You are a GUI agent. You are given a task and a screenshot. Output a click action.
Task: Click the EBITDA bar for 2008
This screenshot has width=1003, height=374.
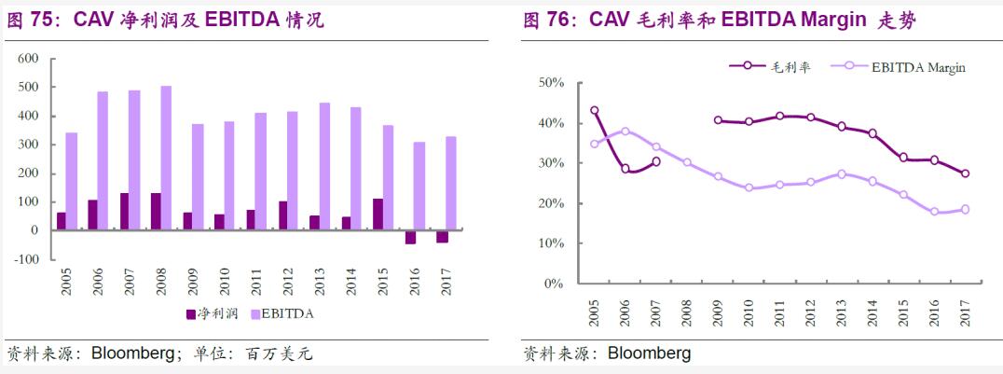(166, 158)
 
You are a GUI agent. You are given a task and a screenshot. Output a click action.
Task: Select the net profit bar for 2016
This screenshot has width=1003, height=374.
(410, 237)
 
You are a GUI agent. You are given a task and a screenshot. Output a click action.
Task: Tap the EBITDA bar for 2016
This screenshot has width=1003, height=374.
(419, 186)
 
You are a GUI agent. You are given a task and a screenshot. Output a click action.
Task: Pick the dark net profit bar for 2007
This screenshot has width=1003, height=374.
(125, 212)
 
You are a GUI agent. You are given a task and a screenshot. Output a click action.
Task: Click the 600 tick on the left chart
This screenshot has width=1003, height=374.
(28, 59)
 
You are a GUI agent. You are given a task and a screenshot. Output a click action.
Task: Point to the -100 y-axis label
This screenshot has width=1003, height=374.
(25, 259)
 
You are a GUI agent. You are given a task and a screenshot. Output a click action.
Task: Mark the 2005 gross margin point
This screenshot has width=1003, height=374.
(595, 110)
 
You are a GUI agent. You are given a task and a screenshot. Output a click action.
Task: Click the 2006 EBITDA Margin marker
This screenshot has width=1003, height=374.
(625, 132)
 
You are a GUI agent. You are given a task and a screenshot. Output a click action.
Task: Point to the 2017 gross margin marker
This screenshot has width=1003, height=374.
(965, 173)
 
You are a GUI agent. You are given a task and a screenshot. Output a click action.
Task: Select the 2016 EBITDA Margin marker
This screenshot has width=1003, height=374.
(934, 212)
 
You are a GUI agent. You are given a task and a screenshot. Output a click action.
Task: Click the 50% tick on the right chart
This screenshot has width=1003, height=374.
(552, 83)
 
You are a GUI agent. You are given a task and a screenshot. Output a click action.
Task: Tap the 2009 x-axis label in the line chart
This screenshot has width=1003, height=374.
(718, 312)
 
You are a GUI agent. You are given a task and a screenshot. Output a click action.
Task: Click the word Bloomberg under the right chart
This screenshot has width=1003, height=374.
(649, 353)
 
